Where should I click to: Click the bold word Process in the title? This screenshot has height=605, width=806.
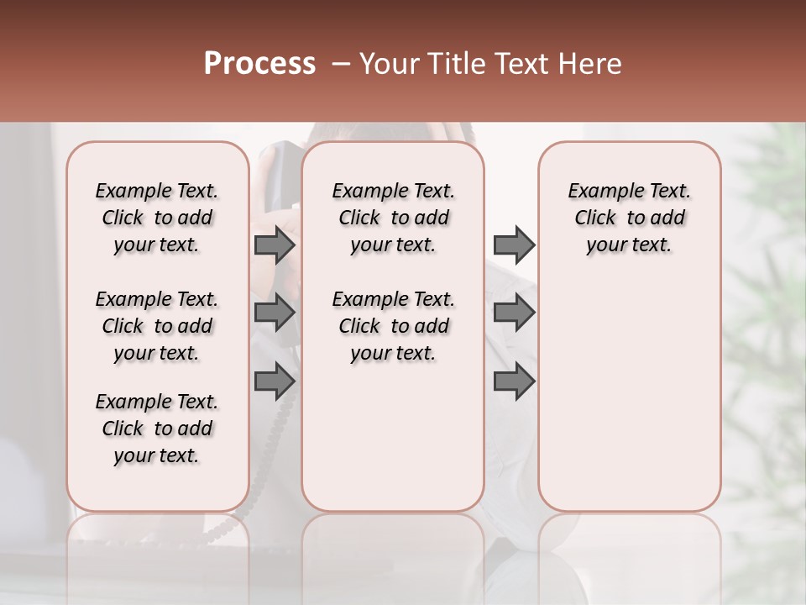coord(259,64)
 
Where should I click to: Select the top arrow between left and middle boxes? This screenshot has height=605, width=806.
coord(275,245)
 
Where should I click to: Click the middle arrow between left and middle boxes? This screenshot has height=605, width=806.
coord(275,313)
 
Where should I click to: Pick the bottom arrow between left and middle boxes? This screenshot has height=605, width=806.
coord(275,381)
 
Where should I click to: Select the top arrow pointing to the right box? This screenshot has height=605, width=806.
coord(514,245)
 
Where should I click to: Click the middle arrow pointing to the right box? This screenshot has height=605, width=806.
coord(514,313)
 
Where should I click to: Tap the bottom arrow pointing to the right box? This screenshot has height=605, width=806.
coord(514,381)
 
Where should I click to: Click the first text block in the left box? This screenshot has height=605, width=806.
coord(157,218)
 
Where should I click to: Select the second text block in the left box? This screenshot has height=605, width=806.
coord(157,326)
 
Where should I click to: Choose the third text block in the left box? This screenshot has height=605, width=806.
coord(157,429)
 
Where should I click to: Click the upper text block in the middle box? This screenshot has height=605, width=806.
coord(393,218)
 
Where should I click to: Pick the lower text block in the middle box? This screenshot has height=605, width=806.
coord(393,326)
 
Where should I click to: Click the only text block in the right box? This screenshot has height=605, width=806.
coord(629,218)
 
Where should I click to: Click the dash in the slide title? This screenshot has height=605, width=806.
coord(340,64)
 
